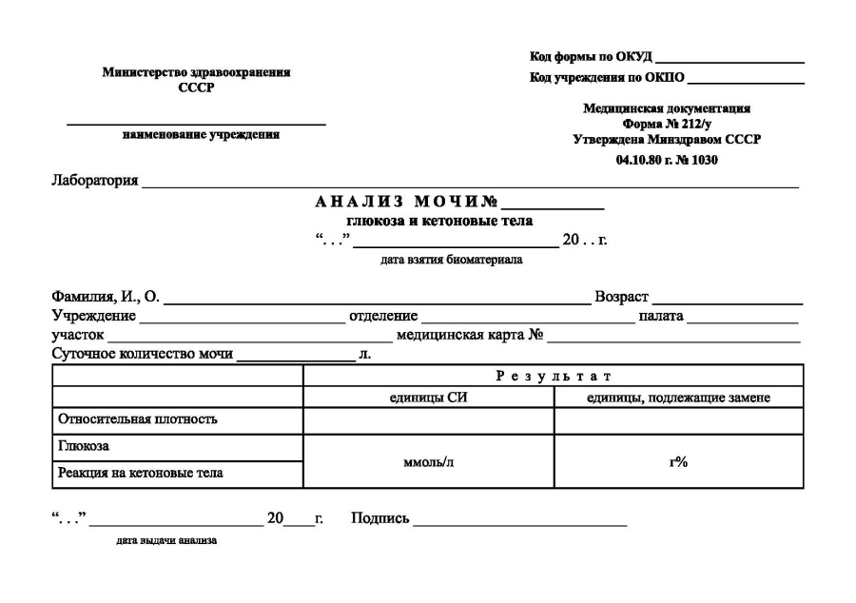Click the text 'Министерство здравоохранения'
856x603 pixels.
197,72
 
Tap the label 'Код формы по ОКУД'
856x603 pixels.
590,59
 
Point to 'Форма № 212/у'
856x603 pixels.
667,124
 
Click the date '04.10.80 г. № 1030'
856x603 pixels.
667,160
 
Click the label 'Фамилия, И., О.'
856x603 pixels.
106,298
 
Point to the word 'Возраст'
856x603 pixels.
621,298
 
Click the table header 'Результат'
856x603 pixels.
553,377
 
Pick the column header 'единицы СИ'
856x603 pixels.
428,398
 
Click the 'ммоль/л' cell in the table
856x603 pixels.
428,462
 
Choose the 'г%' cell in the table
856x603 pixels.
678,462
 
